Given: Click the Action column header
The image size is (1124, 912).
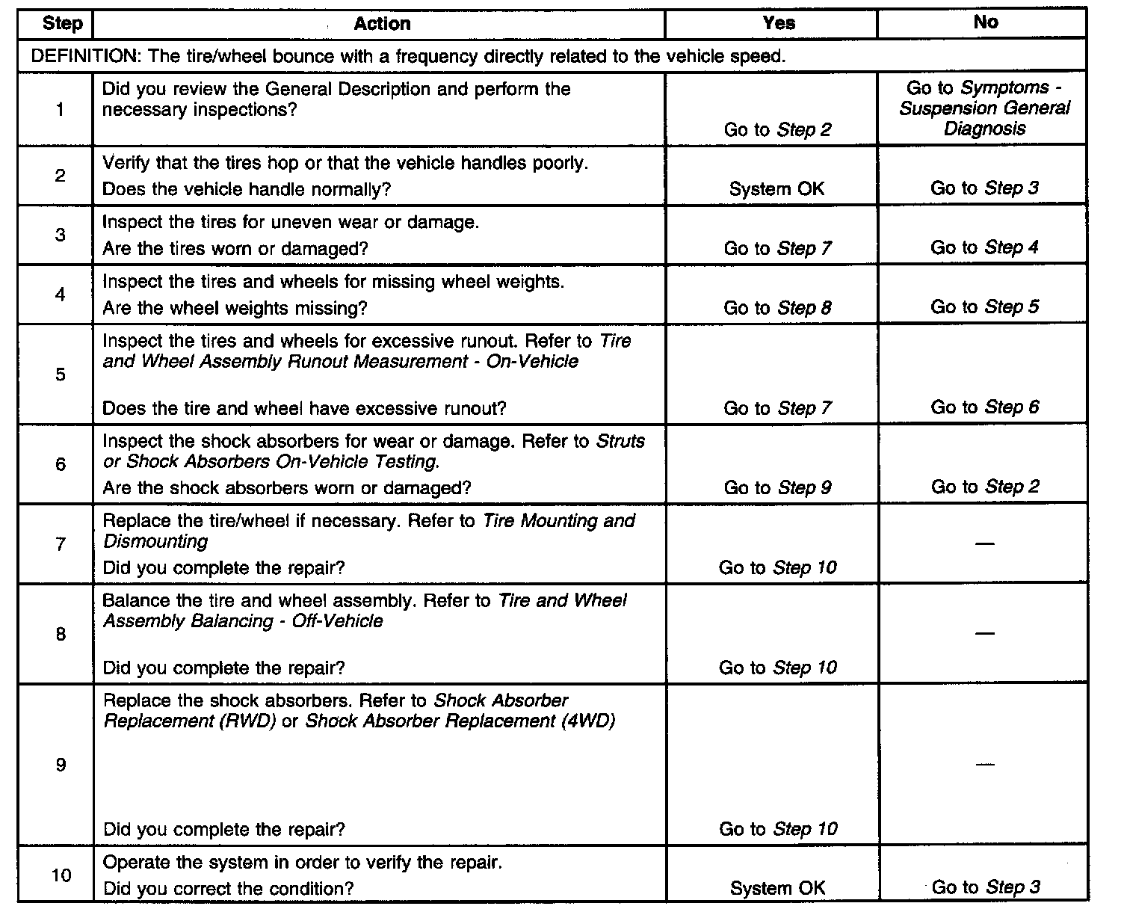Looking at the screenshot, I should click(x=382, y=24).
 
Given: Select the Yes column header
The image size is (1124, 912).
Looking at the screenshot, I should click(x=779, y=23).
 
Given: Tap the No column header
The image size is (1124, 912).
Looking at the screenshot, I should click(x=985, y=22).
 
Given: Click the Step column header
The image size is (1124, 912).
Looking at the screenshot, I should click(x=62, y=23).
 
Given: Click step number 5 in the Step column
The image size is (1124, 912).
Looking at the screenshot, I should click(x=61, y=375).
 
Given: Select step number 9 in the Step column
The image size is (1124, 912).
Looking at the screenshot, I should click(x=61, y=765).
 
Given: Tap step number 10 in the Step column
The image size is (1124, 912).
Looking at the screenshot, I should click(x=61, y=874).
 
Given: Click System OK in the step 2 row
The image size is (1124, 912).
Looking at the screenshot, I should click(x=776, y=189).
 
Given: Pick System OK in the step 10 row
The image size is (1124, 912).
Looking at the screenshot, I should click(x=777, y=888).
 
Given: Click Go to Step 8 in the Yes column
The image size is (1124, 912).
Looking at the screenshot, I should click(x=777, y=308).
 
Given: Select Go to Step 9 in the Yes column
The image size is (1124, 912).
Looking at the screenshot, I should click(x=777, y=488).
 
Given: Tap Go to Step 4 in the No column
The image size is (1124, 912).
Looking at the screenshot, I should click(x=984, y=247).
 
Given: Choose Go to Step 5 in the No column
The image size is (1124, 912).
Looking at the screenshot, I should click(x=984, y=307).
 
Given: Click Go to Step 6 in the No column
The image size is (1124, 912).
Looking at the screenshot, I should click(x=984, y=407).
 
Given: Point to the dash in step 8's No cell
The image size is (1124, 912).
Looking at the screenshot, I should click(x=984, y=634).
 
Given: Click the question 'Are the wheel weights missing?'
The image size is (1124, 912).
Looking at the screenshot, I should click(x=235, y=308).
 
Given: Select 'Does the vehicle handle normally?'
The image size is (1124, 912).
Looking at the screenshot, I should click(x=247, y=189).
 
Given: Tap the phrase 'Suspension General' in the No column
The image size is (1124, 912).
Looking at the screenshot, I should click(x=984, y=108).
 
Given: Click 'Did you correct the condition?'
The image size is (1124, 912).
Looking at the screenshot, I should click(x=228, y=889).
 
